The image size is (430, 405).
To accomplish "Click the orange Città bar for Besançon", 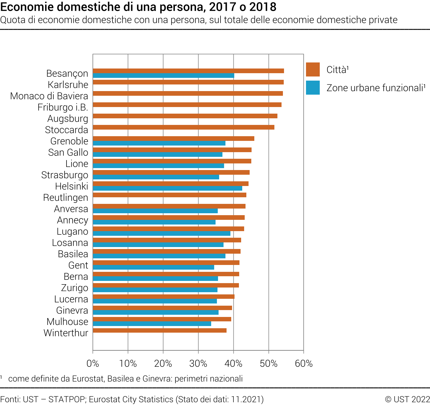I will pos(188,71).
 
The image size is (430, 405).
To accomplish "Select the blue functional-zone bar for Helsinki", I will pos(167,188).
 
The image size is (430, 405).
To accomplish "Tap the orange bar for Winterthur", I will pos(159,330).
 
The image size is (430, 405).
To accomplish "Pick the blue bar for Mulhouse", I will pos(152,324).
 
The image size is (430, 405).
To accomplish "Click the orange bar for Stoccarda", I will pos(183,127).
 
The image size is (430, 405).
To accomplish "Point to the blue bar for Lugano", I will pos(161,234).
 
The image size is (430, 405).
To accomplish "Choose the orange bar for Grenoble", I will pos(173,139).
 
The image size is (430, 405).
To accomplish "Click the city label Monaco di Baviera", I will pos(49,96).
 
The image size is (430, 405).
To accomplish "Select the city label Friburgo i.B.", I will pos(63,107).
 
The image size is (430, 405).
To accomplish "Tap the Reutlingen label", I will pos(66,198).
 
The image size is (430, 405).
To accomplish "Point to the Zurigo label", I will pos(75,288).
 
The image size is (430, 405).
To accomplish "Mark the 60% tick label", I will pos(304,364).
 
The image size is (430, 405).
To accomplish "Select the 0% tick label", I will pos(93,364).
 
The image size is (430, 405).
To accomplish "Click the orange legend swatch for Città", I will pos(313,69).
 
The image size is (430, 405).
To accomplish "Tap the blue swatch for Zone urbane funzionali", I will pos(313,87).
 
